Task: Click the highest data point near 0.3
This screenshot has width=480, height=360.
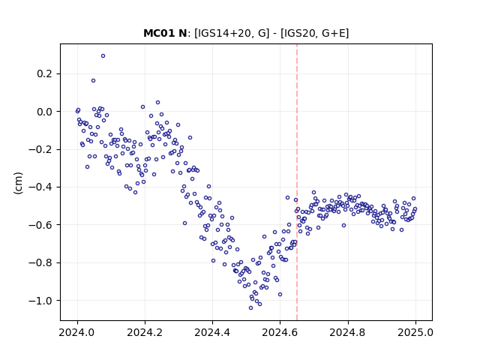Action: click(x=103, y=56)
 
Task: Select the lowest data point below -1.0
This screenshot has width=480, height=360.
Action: click(x=250, y=308)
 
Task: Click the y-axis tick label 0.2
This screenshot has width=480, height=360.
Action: click(x=45, y=74)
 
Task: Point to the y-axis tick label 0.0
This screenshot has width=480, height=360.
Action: click(x=45, y=112)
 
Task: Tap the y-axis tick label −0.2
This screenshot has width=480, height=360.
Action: click(x=40, y=150)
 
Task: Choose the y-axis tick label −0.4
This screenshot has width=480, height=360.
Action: click(x=40, y=187)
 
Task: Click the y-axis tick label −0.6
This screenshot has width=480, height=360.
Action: click(x=40, y=225)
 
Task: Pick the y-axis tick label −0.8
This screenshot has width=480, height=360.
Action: click(x=40, y=263)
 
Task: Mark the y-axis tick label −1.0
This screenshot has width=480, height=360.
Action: click(x=40, y=301)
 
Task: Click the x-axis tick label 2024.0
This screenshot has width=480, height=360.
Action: click(x=77, y=332)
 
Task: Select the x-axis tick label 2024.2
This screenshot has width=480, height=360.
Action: click(x=145, y=332)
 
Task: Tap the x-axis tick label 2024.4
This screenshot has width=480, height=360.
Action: click(x=212, y=332)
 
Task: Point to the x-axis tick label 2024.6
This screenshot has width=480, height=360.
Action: click(x=280, y=332)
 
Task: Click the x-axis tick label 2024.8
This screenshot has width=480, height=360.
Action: click(x=348, y=332)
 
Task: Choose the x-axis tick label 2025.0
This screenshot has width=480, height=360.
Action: click(x=415, y=332)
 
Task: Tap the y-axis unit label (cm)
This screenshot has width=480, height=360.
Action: click(x=18, y=183)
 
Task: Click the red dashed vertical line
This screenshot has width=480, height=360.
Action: click(x=297, y=182)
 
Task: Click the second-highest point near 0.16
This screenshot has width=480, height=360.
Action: click(x=93, y=81)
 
